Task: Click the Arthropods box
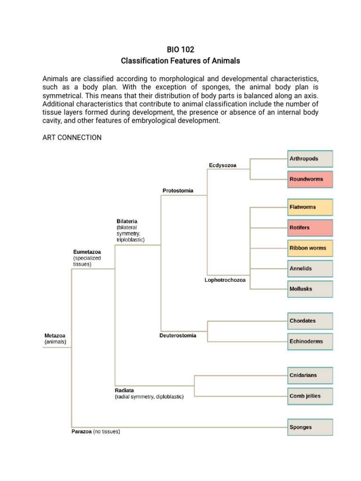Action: pyautogui.click(x=310, y=159)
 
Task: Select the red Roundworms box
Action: pyautogui.click(x=310, y=179)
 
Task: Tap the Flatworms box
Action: pyautogui.click(x=310, y=207)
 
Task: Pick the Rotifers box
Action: pyautogui.click(x=310, y=228)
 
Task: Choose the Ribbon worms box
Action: pyautogui.click(x=310, y=248)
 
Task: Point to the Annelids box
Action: pyautogui.click(x=310, y=269)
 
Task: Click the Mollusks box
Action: pyautogui.click(x=310, y=289)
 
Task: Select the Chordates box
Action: pyautogui.click(x=310, y=321)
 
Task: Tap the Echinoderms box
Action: pyautogui.click(x=310, y=341)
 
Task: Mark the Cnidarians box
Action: pyautogui.click(x=310, y=375)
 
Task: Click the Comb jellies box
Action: pyautogui.click(x=310, y=396)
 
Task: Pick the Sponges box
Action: pyautogui.click(x=310, y=427)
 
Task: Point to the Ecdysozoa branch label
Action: pyautogui.click(x=222, y=165)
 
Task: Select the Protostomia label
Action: pyautogui.click(x=178, y=191)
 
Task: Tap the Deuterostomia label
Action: pyautogui.click(x=178, y=336)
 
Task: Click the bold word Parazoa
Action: pyautogui.click(x=81, y=431)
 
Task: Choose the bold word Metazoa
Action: pyautogui.click(x=55, y=336)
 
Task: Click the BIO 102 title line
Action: pyautogui.click(x=180, y=49)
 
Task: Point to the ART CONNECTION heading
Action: pyautogui.click(x=71, y=138)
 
